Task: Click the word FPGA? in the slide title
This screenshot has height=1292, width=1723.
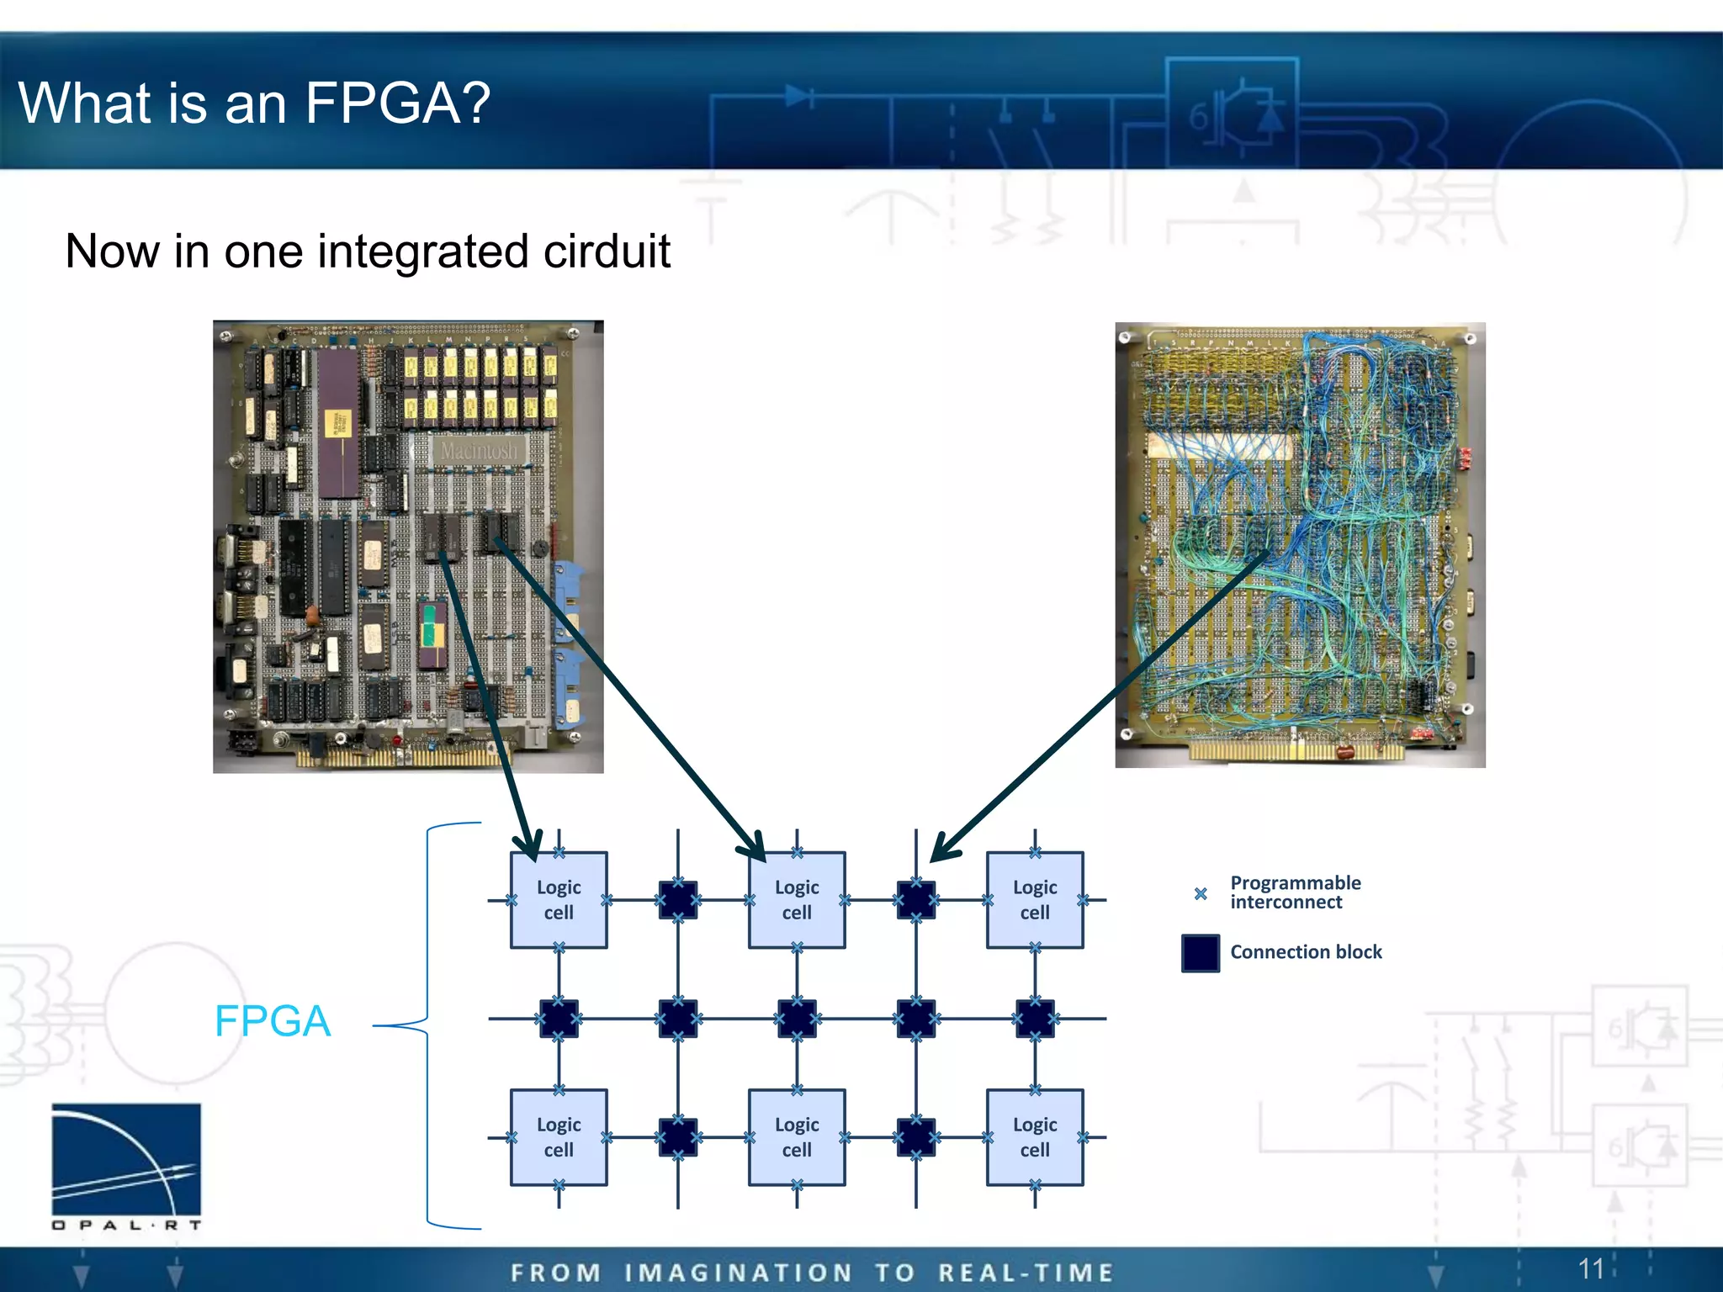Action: (397, 103)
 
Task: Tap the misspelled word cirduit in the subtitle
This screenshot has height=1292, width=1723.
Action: (606, 252)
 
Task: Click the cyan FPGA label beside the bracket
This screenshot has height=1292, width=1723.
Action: (273, 1021)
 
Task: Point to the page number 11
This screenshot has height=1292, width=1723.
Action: (1590, 1268)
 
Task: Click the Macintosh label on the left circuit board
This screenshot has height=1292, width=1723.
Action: (479, 451)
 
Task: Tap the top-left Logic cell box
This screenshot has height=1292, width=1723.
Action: (559, 900)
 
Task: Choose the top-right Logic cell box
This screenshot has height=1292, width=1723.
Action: (1035, 900)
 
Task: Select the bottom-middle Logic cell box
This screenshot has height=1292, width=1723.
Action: (797, 1137)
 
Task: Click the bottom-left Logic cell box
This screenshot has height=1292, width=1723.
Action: (559, 1137)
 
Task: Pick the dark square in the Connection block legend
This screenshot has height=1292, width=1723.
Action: (1200, 953)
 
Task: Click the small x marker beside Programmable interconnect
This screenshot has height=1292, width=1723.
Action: (1201, 893)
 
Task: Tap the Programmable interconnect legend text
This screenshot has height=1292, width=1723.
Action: (1295, 892)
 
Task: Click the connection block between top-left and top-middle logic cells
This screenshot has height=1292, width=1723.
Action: (678, 900)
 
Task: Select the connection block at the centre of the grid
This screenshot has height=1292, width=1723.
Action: (797, 1019)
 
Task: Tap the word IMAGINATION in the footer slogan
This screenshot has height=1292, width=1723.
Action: (738, 1273)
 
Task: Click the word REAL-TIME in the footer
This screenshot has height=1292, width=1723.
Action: (1026, 1273)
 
